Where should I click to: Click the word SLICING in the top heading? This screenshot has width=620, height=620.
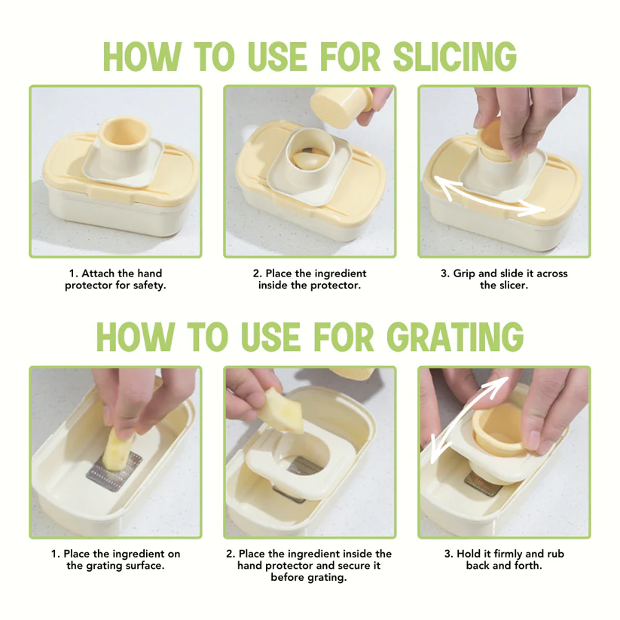click(455, 57)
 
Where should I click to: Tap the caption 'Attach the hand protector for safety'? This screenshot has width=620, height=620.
click(116, 279)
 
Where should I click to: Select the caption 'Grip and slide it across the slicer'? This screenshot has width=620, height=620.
click(504, 279)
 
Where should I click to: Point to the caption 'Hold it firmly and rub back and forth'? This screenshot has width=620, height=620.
click(504, 559)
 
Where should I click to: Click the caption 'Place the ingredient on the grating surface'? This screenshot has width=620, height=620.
click(116, 559)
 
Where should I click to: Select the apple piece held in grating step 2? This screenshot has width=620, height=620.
click(282, 411)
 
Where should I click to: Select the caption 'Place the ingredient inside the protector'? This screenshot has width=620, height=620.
click(310, 279)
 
